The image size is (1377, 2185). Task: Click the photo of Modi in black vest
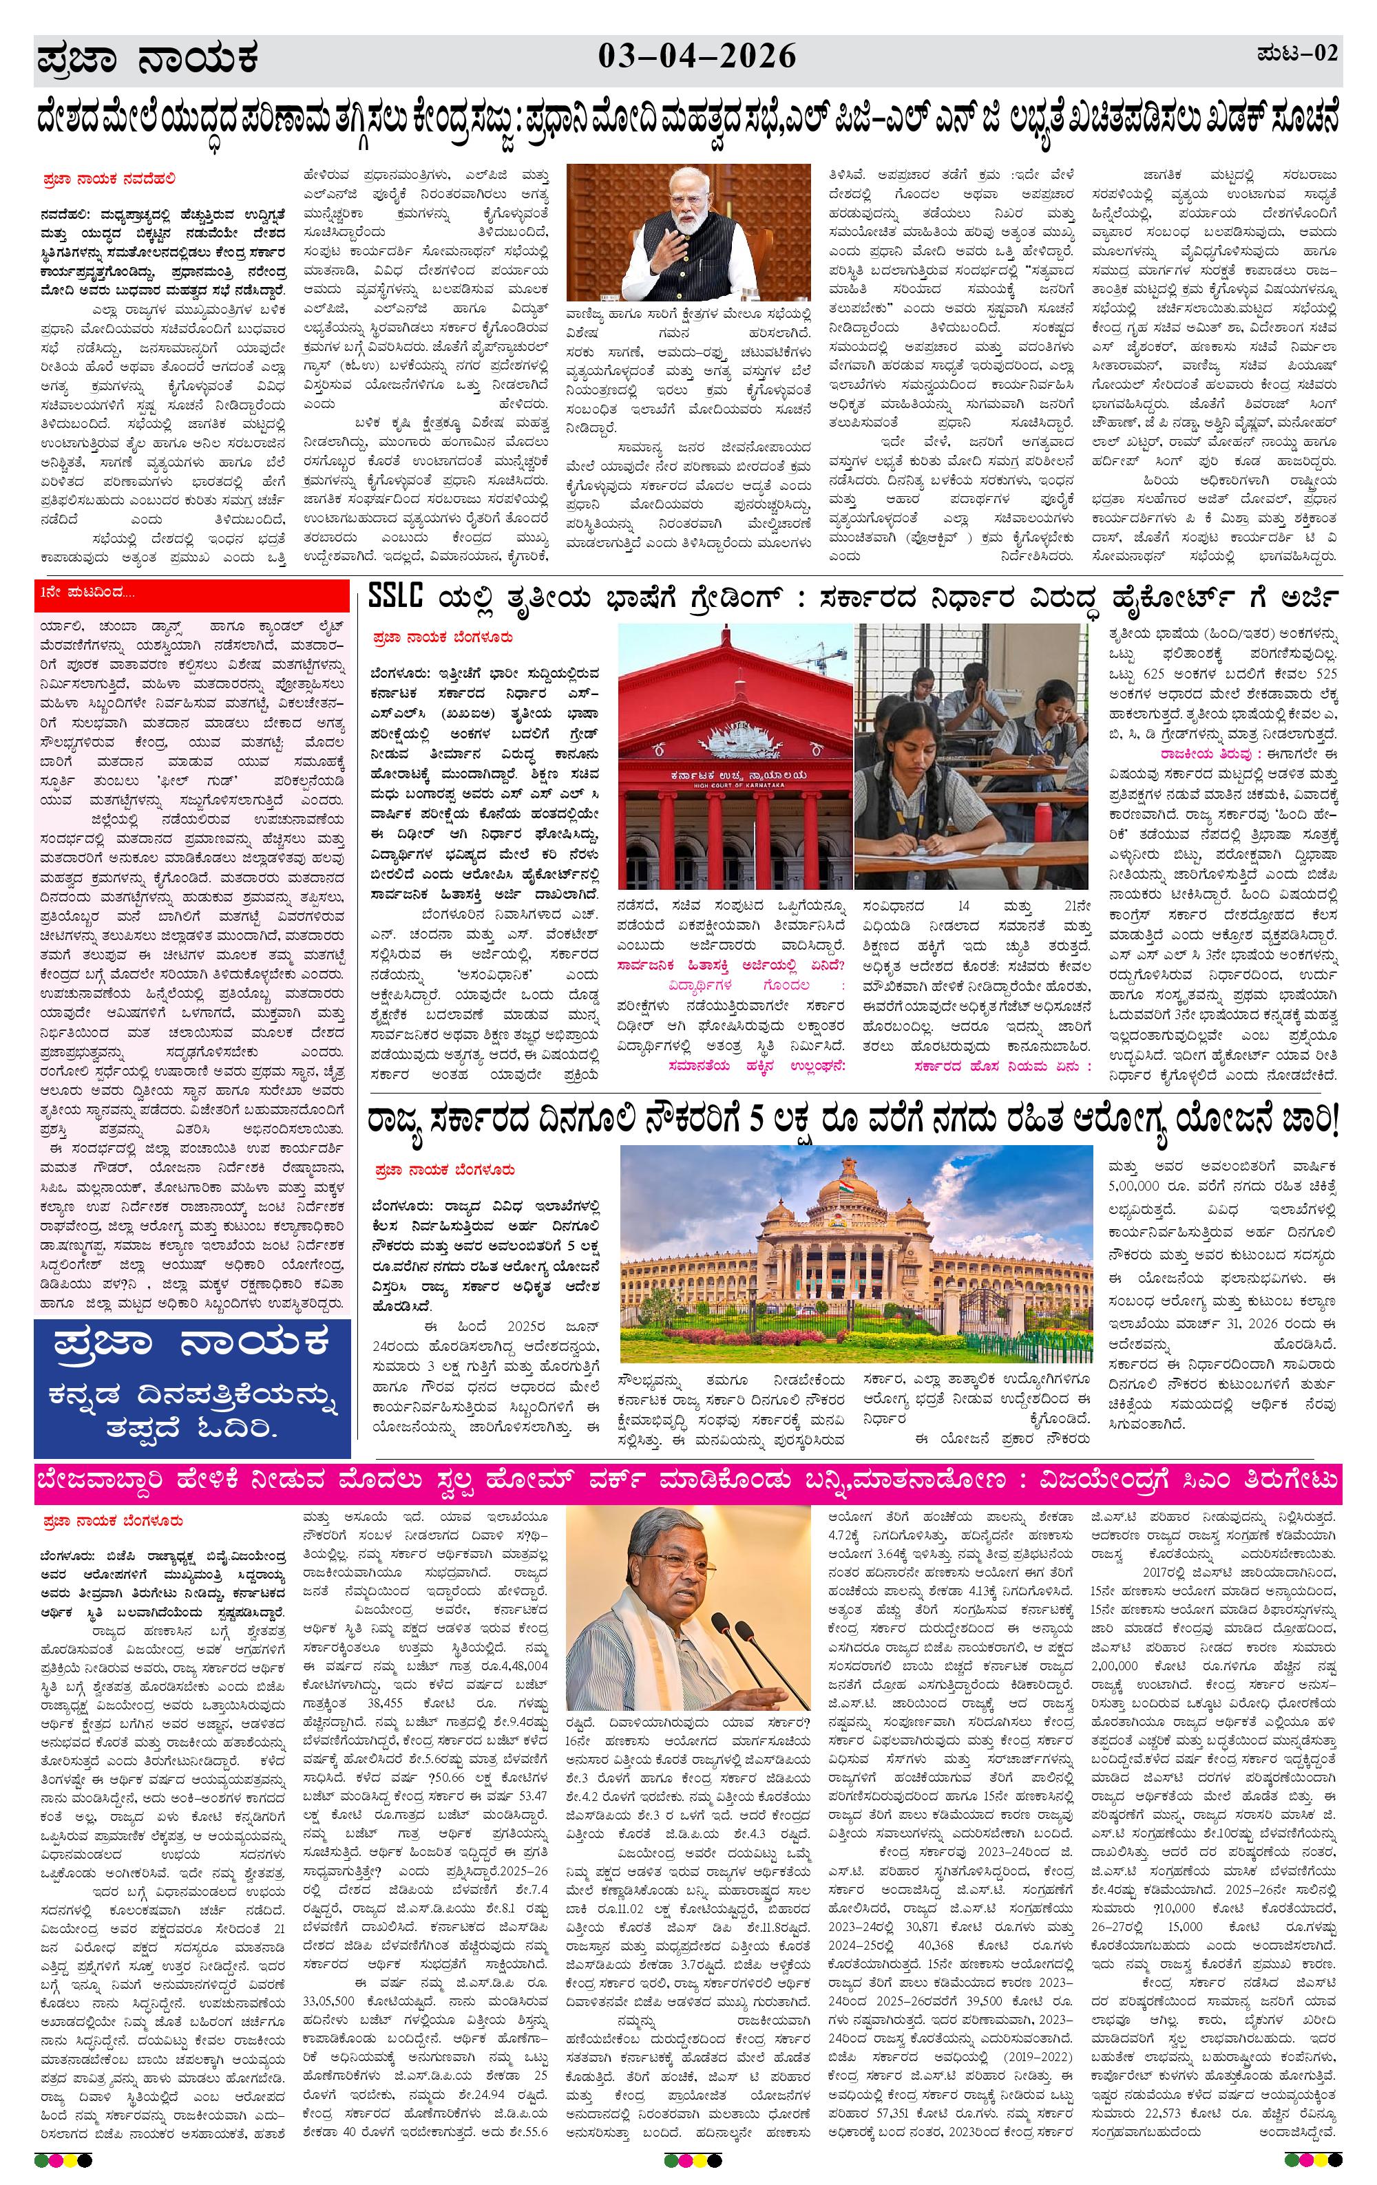687,233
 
